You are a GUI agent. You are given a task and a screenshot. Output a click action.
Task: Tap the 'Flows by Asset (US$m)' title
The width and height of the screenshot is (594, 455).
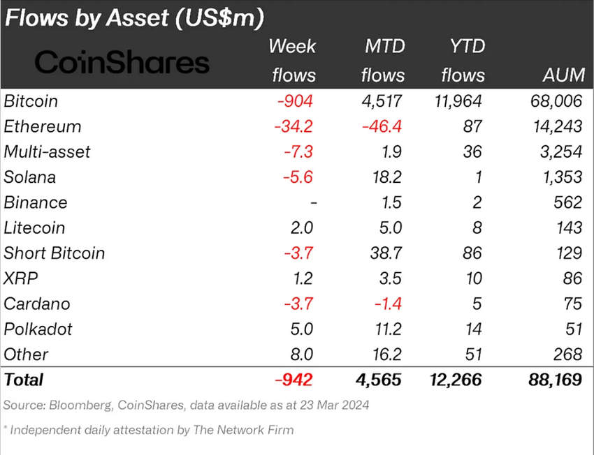tap(134, 18)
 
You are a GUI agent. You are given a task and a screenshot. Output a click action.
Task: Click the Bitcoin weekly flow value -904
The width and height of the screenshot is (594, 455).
tap(296, 101)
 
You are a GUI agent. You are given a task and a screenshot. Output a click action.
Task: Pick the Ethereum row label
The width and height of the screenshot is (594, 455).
tap(43, 126)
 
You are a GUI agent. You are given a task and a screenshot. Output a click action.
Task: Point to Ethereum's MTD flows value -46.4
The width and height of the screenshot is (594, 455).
tap(384, 126)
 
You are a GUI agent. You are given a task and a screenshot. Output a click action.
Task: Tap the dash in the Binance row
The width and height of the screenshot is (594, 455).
tap(314, 202)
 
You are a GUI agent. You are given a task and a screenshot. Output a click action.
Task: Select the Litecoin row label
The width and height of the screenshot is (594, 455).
tap(35, 227)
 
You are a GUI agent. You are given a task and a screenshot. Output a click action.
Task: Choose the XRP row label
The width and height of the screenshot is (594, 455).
tap(21, 278)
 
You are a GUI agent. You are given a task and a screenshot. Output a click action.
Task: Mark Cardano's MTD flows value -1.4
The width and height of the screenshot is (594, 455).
tap(389, 304)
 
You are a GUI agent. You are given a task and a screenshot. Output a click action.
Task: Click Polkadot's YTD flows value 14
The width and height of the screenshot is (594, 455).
tap(473, 329)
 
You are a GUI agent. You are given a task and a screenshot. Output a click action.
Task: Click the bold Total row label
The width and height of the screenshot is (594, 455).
tap(24, 380)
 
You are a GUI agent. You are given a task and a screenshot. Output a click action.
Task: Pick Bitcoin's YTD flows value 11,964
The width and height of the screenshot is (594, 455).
tap(456, 101)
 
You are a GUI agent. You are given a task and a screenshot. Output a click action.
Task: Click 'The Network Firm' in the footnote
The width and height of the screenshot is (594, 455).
tap(252, 430)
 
